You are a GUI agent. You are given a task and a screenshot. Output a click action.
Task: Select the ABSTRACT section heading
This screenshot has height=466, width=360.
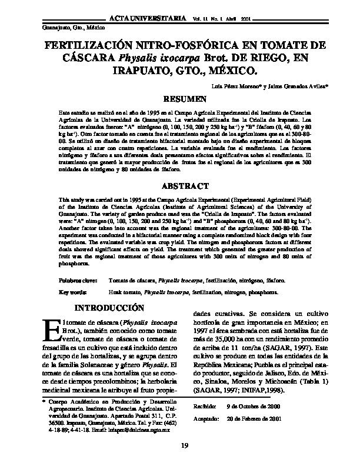coord(185,187)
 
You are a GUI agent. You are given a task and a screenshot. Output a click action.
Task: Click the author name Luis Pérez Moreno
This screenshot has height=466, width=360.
coord(229,86)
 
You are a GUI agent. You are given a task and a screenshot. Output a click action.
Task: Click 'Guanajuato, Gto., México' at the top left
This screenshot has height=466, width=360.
coord(66,28)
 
